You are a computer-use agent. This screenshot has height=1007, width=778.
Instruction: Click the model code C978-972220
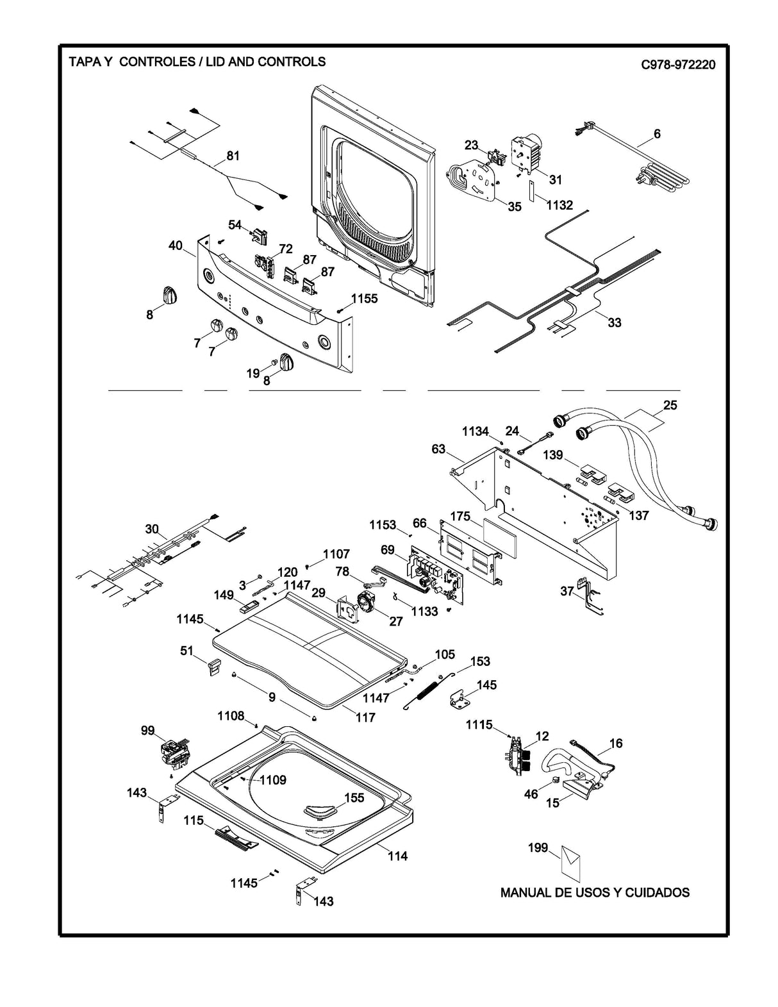[677, 65]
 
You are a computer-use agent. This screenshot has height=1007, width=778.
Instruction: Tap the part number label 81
[233, 156]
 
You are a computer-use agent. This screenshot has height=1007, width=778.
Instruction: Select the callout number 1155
[364, 299]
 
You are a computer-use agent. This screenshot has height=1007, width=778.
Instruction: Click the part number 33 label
[614, 322]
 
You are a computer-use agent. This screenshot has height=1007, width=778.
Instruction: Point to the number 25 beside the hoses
[670, 405]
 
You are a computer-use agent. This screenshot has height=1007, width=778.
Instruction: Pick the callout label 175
[460, 516]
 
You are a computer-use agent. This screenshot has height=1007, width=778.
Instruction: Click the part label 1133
[425, 611]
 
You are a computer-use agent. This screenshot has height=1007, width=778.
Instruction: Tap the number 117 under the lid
[365, 717]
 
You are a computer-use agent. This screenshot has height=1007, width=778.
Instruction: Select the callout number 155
[354, 797]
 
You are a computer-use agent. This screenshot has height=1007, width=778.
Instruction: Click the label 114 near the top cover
[397, 856]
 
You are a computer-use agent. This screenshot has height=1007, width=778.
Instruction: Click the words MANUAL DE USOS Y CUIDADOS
[595, 892]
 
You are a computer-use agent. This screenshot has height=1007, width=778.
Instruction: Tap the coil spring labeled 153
[427, 691]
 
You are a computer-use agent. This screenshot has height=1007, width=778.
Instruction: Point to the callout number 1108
[231, 715]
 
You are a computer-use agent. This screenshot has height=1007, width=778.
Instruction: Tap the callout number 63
[438, 449]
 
